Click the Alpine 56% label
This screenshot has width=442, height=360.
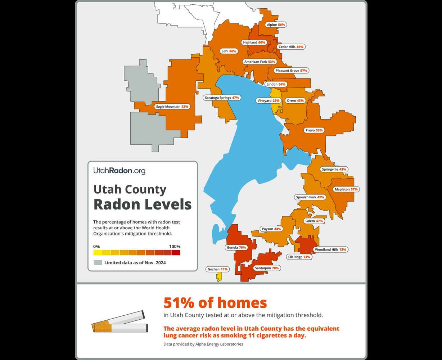click(x=276, y=25)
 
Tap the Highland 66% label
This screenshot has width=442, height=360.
click(x=254, y=42)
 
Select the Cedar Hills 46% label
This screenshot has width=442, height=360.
click(x=291, y=47)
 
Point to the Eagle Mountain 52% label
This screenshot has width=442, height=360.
click(x=172, y=107)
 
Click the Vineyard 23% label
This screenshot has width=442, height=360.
click(x=268, y=101)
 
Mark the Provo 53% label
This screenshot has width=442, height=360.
click(x=314, y=130)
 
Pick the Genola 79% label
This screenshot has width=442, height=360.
click(x=236, y=248)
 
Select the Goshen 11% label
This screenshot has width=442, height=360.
click(x=217, y=269)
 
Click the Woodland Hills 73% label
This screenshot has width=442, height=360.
click(x=330, y=249)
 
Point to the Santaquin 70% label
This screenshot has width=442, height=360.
click(x=267, y=268)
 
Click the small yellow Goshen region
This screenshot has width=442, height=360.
click(x=218, y=276)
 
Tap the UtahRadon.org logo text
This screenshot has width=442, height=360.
click(x=119, y=171)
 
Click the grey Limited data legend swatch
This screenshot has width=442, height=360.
click(x=98, y=262)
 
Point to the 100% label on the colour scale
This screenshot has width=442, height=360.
click(x=175, y=247)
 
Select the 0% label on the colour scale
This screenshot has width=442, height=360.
click(x=96, y=247)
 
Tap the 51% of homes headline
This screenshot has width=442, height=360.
click(x=215, y=303)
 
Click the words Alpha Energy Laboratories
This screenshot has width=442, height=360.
click(x=219, y=344)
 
